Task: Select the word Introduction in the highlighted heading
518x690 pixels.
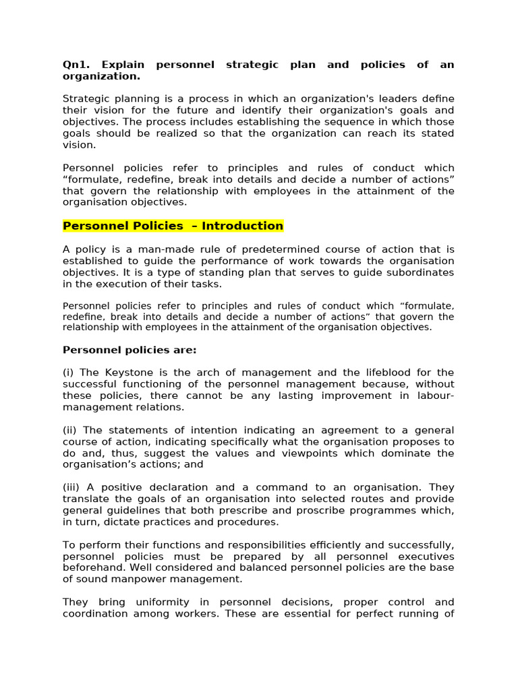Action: pyautogui.click(x=242, y=226)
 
